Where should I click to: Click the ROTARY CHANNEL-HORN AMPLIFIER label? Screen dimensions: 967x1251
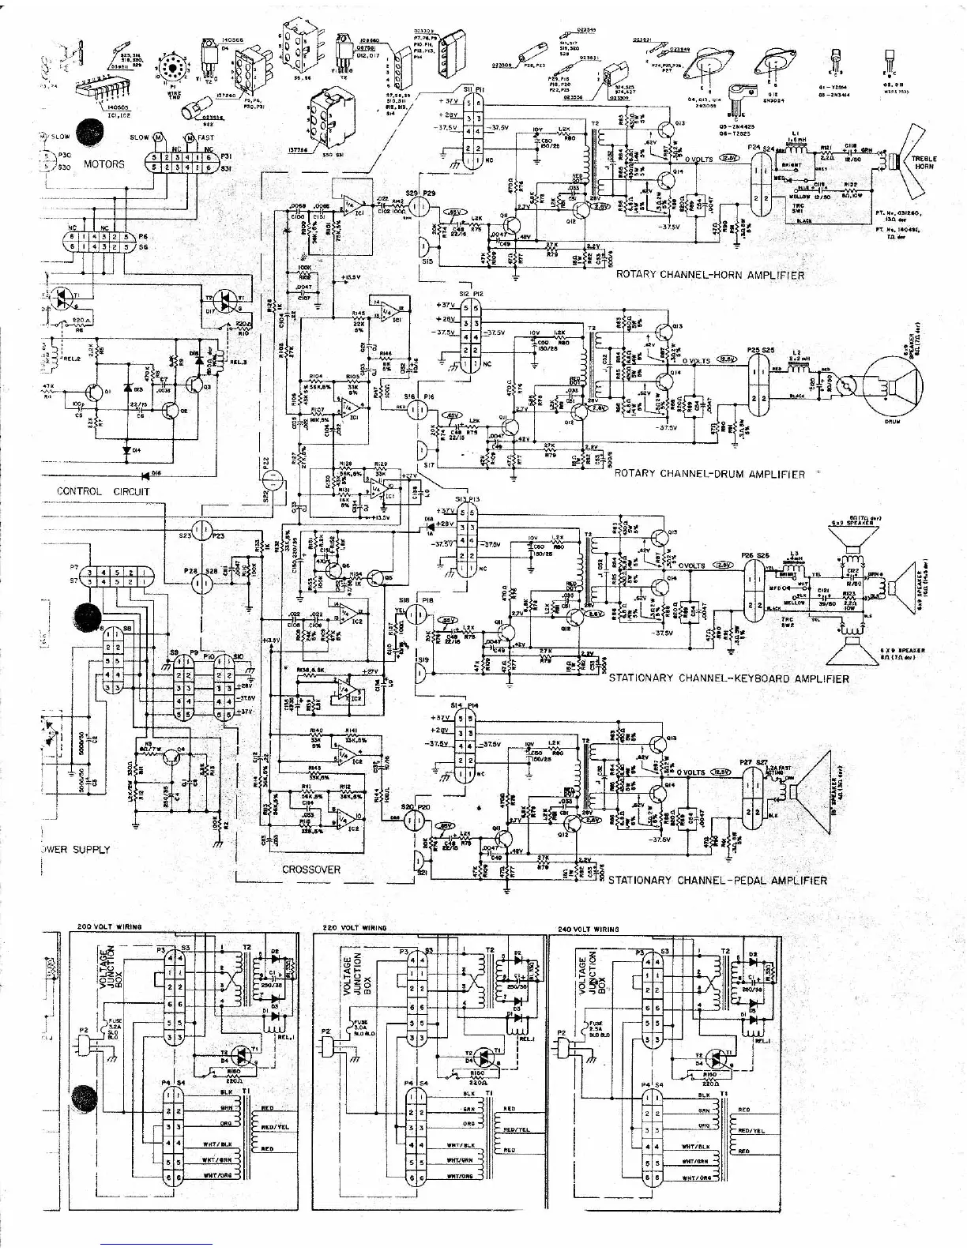pos(709,275)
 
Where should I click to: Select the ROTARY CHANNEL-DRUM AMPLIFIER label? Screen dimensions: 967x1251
pos(709,474)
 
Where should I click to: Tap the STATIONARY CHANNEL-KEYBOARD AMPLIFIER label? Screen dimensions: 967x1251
pos(728,678)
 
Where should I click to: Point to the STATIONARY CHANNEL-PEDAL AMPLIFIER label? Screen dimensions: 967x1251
pos(717,880)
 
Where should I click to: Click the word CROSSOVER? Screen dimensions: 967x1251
pos(311,870)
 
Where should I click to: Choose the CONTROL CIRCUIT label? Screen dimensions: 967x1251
pos(103,491)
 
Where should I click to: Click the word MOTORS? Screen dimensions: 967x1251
pos(103,164)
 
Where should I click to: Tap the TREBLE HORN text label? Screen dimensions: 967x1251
pos(925,163)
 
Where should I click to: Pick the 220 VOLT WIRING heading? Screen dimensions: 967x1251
pos(355,928)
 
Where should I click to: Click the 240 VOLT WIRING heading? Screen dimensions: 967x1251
pos(588,929)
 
